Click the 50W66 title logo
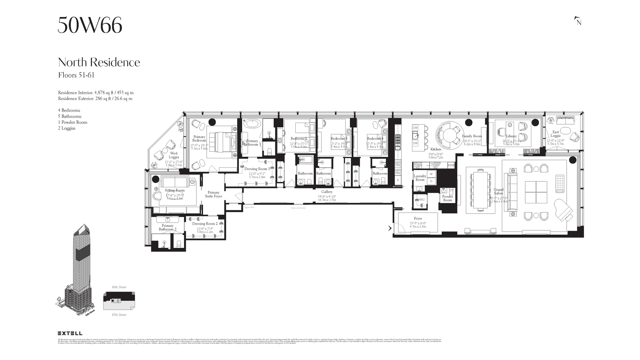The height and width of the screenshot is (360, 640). (x=90, y=25)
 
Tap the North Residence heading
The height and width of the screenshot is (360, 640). (x=99, y=62)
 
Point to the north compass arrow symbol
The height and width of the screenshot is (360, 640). (x=578, y=21)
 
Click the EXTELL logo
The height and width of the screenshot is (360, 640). (x=70, y=333)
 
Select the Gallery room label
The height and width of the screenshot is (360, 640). (x=327, y=192)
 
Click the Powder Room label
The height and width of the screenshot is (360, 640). (x=447, y=198)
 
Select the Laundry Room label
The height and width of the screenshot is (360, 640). (x=420, y=178)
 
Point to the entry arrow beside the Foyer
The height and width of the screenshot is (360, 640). (x=390, y=228)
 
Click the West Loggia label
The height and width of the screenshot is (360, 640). (x=174, y=155)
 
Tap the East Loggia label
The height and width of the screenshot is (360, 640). (x=555, y=134)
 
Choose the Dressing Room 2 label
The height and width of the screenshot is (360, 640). (x=205, y=224)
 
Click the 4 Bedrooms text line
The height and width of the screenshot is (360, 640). (x=69, y=110)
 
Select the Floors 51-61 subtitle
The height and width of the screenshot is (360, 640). (x=76, y=75)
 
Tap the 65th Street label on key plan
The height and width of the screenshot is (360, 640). (x=119, y=315)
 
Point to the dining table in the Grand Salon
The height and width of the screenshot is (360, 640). (x=480, y=190)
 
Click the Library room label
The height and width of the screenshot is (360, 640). (x=511, y=136)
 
